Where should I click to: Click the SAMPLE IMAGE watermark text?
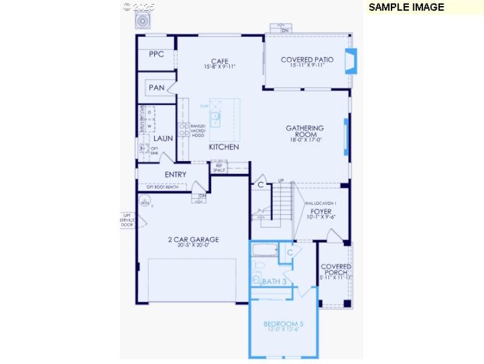coord(406,7)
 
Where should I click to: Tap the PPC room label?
coord(157,55)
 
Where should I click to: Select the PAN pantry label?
coord(157,88)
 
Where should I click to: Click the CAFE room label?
coord(219,61)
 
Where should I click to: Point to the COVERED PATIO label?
coord(307,60)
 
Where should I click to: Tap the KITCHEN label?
coord(224,147)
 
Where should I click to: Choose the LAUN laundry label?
coord(163,139)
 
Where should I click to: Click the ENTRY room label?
coord(175,174)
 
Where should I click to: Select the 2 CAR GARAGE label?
coord(194,240)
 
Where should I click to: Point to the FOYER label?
coord(321,211)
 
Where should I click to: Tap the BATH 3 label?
coord(274,282)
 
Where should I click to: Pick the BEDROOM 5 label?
coord(283,325)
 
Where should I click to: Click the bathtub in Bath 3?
coord(264,250)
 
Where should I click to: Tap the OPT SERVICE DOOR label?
coord(127,220)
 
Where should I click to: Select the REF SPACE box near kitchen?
coord(219,168)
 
